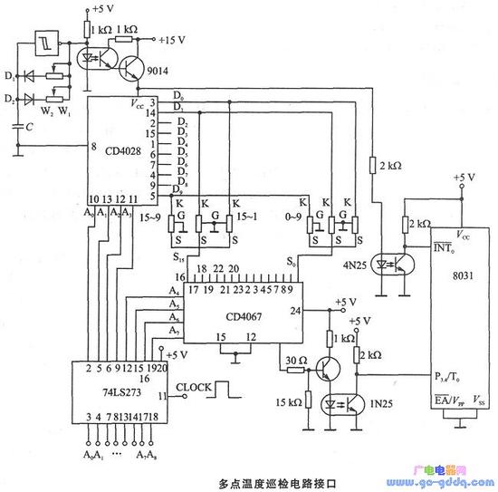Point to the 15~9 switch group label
pos(149,218)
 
